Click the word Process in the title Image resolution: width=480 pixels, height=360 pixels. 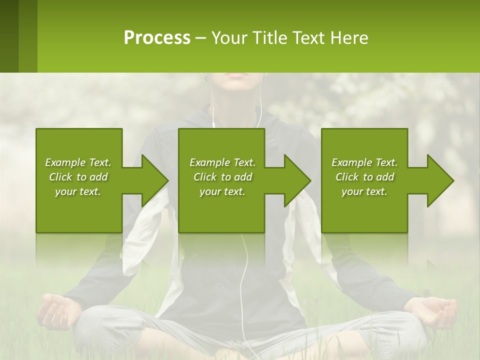157,38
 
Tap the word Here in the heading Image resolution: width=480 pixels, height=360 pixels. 349,38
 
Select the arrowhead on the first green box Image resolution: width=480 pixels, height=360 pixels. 152,180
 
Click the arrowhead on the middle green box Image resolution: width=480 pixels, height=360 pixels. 295,180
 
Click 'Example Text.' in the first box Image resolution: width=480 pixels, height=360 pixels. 78,162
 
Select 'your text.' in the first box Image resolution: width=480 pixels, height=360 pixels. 78,191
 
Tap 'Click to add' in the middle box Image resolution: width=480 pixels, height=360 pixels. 222,177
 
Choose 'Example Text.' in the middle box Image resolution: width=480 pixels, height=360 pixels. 222,162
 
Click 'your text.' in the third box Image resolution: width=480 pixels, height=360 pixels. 364,191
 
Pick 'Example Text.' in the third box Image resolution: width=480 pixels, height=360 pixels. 364,162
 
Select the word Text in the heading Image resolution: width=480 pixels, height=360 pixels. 307,38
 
